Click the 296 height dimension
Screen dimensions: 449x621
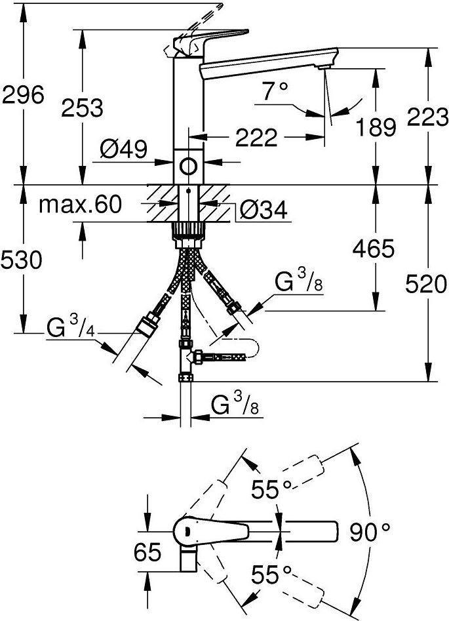click(x=22, y=95)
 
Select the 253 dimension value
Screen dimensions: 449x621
click(x=82, y=108)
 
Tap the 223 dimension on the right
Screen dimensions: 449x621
click(x=427, y=117)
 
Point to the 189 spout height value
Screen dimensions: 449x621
click(x=376, y=127)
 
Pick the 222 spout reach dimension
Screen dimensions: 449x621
click(x=256, y=138)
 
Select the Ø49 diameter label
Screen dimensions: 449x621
click(x=123, y=150)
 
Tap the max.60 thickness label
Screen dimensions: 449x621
click(x=81, y=205)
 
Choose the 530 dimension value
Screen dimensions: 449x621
click(x=22, y=260)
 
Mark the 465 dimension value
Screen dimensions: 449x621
click(x=374, y=249)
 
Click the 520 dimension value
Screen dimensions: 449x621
click(x=426, y=285)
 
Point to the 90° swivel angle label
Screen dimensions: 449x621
click(x=370, y=532)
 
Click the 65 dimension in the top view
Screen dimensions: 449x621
click(x=147, y=551)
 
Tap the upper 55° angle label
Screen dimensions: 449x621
click(x=271, y=489)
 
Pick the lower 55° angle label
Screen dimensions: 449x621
click(x=271, y=574)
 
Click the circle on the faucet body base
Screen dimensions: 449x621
click(x=188, y=166)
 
